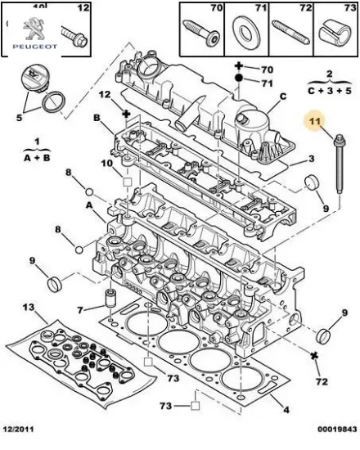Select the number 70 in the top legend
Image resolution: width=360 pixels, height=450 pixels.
pyautogui.click(x=216, y=9)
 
